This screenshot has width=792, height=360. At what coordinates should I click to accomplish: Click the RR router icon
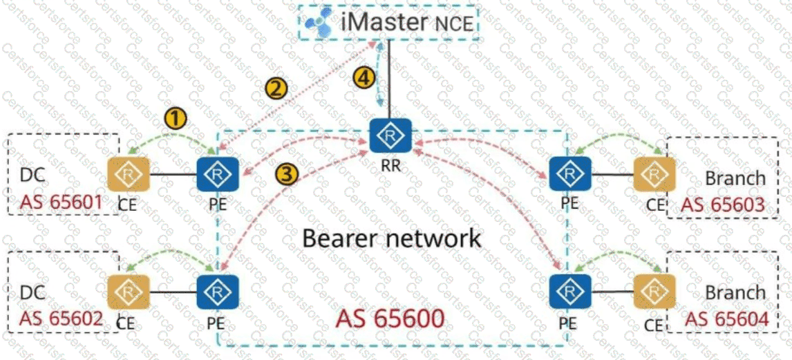tap(390, 135)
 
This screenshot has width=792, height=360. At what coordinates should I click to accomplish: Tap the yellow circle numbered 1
tap(177, 119)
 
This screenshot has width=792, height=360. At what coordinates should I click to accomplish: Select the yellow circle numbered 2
tap(276, 88)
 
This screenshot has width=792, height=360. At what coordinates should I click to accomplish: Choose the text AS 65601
tap(62, 202)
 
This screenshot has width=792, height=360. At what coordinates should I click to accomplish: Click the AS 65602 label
tap(62, 319)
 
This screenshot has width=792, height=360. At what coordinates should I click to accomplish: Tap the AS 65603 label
tap(724, 205)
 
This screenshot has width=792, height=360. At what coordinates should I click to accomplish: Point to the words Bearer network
tap(392, 238)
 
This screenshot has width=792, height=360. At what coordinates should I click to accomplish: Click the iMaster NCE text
tap(408, 22)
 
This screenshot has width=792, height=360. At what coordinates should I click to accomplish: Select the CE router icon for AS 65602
tap(129, 292)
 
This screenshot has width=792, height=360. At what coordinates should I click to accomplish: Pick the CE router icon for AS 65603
tap(654, 175)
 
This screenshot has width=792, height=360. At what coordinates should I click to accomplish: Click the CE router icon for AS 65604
tap(654, 292)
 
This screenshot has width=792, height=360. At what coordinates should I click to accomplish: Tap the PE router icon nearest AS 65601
tap(218, 174)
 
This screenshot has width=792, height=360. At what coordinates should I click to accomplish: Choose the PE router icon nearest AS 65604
tap(570, 292)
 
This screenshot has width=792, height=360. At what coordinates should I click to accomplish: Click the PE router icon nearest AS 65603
tap(570, 175)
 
